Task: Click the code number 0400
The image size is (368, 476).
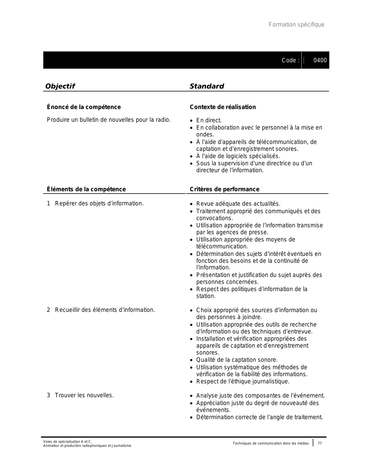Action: (x=320, y=60)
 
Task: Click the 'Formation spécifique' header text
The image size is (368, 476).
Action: (x=296, y=25)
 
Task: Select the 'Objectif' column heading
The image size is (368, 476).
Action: (x=60, y=86)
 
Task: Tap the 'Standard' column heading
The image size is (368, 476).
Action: (x=207, y=86)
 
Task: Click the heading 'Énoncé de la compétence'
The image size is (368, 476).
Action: (x=84, y=107)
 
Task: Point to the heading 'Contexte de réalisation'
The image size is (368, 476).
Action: (x=223, y=107)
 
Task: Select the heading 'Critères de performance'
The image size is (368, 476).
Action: (x=224, y=189)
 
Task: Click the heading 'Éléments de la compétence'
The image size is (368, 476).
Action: (x=86, y=189)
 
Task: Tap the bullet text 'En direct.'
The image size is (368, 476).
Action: (x=209, y=120)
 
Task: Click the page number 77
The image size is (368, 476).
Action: (x=320, y=443)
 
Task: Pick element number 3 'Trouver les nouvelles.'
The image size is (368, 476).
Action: (x=84, y=395)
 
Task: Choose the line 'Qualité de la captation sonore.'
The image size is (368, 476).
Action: (x=237, y=360)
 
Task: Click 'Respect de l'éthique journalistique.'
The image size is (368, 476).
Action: (x=243, y=381)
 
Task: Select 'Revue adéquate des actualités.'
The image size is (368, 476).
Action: (x=238, y=204)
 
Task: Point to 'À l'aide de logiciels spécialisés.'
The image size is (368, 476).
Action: (x=238, y=156)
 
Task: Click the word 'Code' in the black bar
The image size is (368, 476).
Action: (x=289, y=60)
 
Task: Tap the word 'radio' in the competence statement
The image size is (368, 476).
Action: (x=163, y=119)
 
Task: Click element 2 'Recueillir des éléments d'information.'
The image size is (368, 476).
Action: (x=105, y=310)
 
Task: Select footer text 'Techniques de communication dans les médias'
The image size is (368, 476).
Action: (x=270, y=443)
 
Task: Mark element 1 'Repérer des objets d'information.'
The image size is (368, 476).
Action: (x=99, y=203)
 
